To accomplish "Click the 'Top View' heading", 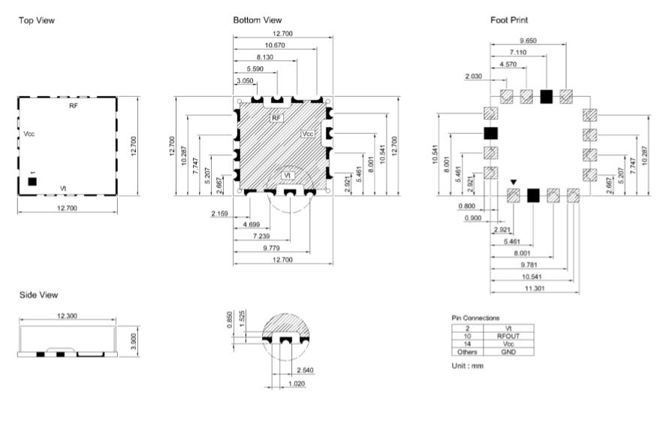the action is [x=37, y=20].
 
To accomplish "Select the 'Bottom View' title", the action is [x=258, y=20].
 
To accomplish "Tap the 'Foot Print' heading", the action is [x=509, y=20].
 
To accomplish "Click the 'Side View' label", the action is [x=38, y=295].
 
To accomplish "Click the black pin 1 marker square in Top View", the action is [x=32, y=182].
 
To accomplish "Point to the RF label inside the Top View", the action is [x=74, y=106].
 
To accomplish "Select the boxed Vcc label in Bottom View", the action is [x=308, y=134].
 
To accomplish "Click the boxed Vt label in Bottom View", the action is [x=288, y=175].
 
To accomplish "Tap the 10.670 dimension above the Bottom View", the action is [x=275, y=45].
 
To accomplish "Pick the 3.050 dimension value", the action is [x=245, y=81].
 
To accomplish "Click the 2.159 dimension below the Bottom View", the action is [x=219, y=213].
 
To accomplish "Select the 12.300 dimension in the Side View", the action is [x=67, y=316].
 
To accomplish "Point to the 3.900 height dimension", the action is [x=134, y=341].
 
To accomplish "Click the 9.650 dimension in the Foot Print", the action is [x=528, y=41].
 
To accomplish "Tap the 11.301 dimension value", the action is [x=535, y=289].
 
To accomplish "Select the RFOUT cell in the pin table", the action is [x=508, y=336].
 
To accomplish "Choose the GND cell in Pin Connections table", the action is [x=508, y=352].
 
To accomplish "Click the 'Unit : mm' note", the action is [x=468, y=366].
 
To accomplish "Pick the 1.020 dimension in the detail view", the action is [x=297, y=383].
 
